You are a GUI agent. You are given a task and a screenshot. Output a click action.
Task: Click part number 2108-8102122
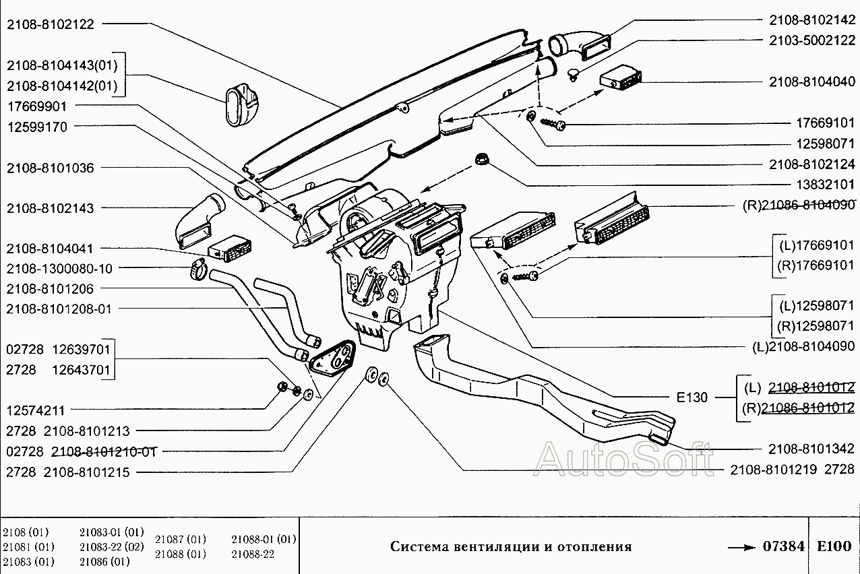coord(51,24)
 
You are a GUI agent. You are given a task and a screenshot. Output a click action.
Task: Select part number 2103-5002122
coord(812,40)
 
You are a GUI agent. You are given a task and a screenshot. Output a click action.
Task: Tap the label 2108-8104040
coord(812,82)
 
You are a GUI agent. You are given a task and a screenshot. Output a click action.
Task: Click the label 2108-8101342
coord(812,449)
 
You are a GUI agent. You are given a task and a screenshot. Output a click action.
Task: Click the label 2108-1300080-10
coord(60,269)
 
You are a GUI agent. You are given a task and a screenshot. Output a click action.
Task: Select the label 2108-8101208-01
coord(60,309)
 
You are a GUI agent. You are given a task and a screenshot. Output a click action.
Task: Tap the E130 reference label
coord(692,397)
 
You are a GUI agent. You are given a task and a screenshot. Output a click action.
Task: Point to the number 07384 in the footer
coord(784,546)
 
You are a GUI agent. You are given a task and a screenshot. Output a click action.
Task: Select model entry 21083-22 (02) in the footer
coord(111,546)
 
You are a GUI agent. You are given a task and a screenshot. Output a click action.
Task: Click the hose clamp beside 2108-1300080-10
coord(198,271)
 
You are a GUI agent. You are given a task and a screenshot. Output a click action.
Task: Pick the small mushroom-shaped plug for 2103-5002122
coord(574,73)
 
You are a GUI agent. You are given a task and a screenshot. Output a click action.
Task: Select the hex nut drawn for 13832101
coord(482,160)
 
